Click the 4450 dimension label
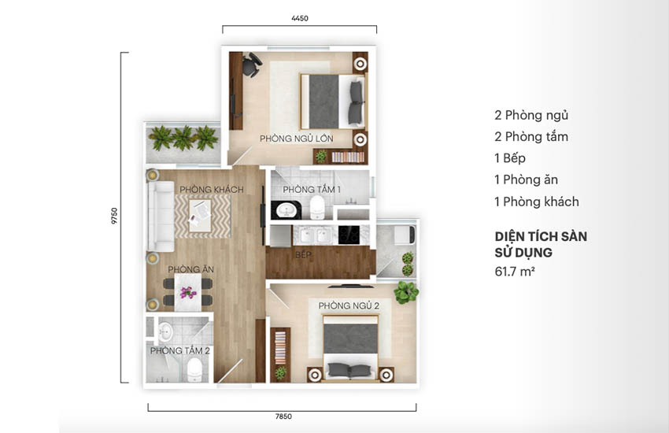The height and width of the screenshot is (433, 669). point(300,18)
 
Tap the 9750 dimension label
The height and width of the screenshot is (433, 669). point(114,216)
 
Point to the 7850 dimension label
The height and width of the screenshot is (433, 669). point(283,416)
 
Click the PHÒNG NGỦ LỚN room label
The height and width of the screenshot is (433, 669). point(297,139)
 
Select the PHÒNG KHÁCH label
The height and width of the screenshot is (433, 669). point(211,189)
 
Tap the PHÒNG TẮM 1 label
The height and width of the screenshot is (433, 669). point(312,189)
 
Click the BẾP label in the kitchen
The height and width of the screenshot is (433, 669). point(303,254)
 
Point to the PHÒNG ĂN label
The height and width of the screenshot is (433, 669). point(190,269)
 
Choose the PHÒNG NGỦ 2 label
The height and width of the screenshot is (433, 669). point(349,305)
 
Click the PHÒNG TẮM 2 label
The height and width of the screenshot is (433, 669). point(179,350)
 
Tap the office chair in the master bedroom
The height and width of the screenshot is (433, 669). point(252,65)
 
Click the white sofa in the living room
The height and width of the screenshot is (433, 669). point(161,216)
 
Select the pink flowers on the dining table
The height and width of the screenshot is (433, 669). point(188,293)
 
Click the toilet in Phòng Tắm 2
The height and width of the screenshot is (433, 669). point(194,369)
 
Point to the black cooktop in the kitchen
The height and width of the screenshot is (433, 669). point(349,235)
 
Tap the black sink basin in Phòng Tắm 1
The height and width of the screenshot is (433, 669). point(286,210)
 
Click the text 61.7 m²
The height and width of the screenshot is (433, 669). point(515,272)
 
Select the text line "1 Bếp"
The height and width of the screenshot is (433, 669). point(510,158)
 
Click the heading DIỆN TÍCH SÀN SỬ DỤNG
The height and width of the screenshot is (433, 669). point(541,244)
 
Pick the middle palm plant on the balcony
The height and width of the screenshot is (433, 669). point(184,137)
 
